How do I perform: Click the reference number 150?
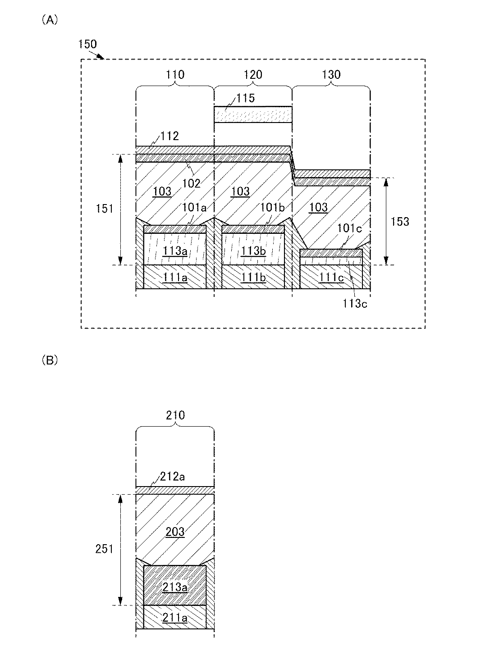click(x=87, y=44)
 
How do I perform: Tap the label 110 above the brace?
click(x=175, y=75)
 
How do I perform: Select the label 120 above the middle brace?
click(x=253, y=75)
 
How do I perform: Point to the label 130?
click(x=331, y=75)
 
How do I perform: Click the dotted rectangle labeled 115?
click(x=253, y=114)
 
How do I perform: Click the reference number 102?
click(x=191, y=183)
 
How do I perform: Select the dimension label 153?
click(x=400, y=221)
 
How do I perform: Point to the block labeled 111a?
click(x=175, y=277)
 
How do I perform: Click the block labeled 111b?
click(x=253, y=277)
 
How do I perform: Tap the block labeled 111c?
click(x=331, y=277)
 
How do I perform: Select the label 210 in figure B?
click(x=175, y=415)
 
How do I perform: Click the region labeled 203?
click(x=175, y=532)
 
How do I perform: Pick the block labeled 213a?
click(x=175, y=587)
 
